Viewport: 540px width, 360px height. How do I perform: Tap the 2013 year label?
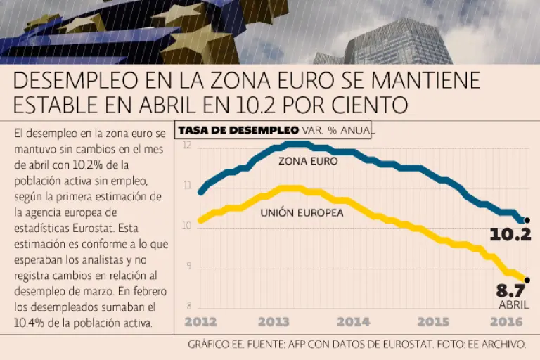click(x=274, y=322)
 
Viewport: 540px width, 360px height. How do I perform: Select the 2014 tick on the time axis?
click(x=353, y=322)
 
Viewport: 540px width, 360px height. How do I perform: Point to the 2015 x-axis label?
click(x=432, y=322)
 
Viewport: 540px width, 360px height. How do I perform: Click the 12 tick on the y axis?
click(x=187, y=146)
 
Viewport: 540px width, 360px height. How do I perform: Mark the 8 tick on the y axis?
click(x=188, y=306)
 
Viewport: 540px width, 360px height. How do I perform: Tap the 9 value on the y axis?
click(x=188, y=266)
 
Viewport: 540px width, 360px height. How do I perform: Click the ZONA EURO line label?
click(x=308, y=161)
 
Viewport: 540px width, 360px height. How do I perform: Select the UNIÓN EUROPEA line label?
click(x=302, y=212)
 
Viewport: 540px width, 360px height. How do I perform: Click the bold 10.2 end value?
click(x=510, y=234)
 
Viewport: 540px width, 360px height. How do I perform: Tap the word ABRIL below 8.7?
click(x=514, y=305)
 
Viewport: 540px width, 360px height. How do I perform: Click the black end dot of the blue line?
click(x=527, y=220)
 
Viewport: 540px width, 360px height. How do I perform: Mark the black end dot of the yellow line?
click(x=527, y=280)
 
